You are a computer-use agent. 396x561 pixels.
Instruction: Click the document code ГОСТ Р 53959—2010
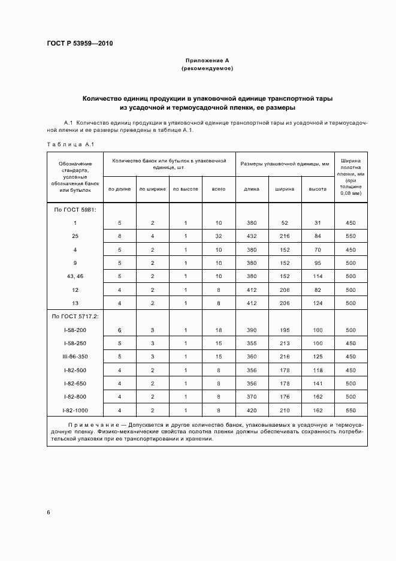pos(80,44)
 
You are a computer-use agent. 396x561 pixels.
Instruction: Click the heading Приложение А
pos(207,61)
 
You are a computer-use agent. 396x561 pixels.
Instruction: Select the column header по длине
pos(119,189)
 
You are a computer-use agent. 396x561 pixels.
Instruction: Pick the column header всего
pos(219,189)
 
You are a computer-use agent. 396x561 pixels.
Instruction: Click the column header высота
pos(318,189)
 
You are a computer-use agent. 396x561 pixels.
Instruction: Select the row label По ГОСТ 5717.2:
pos(75,316)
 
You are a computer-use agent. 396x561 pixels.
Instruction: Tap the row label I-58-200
pos(75,330)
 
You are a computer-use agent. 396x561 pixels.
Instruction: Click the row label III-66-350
pos(75,357)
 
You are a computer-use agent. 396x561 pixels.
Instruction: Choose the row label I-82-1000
pos(75,410)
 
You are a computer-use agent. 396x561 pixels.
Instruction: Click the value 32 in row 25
pos(219,236)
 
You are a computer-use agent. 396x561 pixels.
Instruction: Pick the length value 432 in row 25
pos(252,236)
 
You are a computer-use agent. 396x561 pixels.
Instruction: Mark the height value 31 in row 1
pos(318,223)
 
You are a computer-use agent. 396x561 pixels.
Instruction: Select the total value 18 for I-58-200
pos(219,330)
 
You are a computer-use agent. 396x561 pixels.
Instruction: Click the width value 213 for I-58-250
pos(285,343)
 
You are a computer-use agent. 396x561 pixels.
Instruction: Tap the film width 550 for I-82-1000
pos(350,410)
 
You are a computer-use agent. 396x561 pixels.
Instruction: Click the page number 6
pos(49,512)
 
